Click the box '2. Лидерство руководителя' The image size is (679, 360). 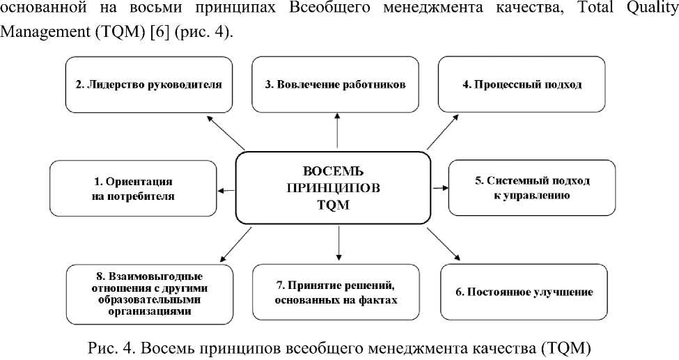pos(149,85)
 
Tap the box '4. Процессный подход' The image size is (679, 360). pos(522,85)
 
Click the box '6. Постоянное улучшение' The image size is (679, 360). pos(524,292)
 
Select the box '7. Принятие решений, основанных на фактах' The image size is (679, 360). pos(338,293)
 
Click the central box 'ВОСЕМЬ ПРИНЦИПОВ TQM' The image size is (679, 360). pos(334,188)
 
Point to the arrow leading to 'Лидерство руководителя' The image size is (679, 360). pos(226,131)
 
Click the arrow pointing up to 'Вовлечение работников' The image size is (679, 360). pos(338,131)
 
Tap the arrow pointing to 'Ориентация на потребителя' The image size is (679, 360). pos(226,189)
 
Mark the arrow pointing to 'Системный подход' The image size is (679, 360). pos(439,187)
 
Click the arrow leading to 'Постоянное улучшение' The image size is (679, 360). pos(444,243)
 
